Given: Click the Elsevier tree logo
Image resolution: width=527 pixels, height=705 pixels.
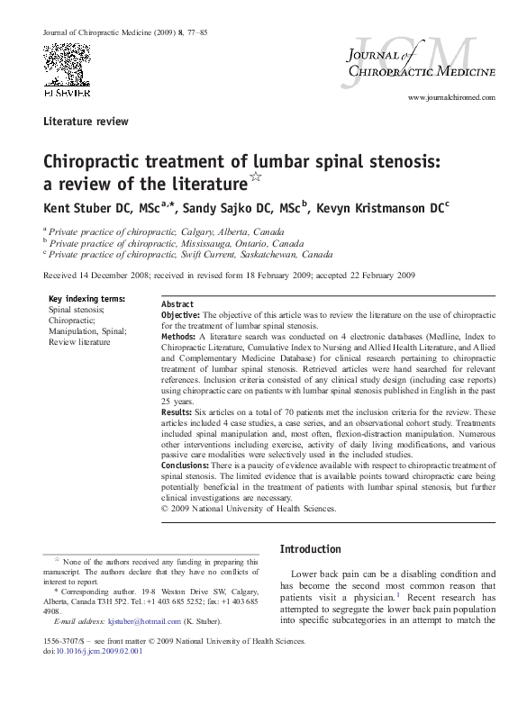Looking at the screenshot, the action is click(x=67, y=65).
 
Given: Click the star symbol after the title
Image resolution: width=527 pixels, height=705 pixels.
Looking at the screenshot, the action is click(x=254, y=178).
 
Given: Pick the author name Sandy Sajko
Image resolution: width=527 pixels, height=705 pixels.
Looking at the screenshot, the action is click(x=218, y=208).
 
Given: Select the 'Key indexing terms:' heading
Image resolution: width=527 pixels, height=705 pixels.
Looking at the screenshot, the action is click(x=86, y=299).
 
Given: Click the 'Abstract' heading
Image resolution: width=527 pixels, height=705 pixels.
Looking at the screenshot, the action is click(x=177, y=304).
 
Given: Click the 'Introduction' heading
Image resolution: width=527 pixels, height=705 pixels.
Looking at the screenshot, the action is click(x=311, y=549).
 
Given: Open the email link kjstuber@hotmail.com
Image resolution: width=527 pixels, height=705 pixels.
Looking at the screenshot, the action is click(x=143, y=621).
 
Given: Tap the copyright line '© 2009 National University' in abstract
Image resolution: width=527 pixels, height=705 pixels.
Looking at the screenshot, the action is click(x=248, y=508).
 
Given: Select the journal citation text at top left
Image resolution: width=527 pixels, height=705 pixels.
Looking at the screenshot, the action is click(x=125, y=33).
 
